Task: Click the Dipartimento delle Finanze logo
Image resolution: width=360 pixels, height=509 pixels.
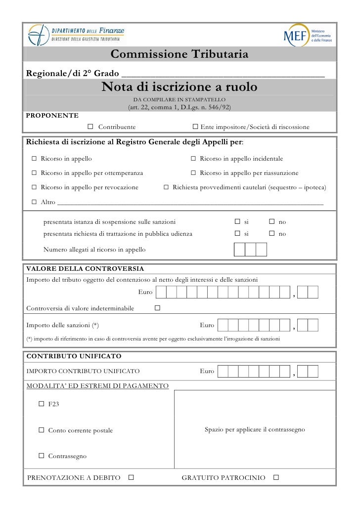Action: click(x=77, y=35)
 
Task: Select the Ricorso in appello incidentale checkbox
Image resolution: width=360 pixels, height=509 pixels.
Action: click(x=193, y=159)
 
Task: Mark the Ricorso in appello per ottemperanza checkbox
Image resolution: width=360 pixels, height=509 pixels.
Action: click(x=34, y=173)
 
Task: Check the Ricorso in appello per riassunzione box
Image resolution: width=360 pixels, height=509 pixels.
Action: click(x=193, y=173)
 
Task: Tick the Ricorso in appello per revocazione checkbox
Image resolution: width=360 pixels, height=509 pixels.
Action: click(x=34, y=188)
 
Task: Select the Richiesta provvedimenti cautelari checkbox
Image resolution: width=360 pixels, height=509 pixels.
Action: click(x=166, y=188)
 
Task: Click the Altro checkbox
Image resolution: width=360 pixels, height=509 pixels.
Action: click(x=34, y=202)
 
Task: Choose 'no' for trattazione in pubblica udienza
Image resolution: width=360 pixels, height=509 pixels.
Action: click(x=272, y=234)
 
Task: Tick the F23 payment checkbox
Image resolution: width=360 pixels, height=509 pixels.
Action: click(x=42, y=404)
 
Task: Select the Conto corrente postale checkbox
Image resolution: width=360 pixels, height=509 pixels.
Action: click(x=42, y=430)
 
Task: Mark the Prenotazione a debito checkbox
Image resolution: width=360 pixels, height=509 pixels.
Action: click(x=131, y=478)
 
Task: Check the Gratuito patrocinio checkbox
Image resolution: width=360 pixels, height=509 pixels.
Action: click(x=276, y=478)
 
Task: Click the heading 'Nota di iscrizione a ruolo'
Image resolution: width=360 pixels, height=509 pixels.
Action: click(x=180, y=87)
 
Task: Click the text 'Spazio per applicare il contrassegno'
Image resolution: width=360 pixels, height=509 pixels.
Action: click(x=255, y=430)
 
